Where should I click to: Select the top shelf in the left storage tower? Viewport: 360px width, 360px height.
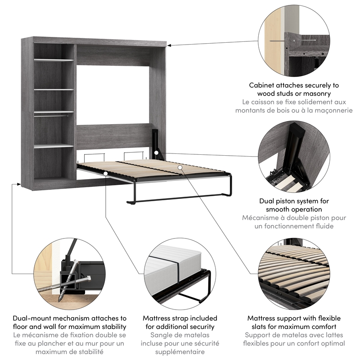coord(54,60)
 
